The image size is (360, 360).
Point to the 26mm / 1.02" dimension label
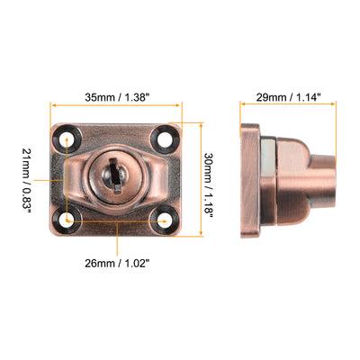coord(118,264)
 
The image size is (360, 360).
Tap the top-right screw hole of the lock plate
coord(164,139)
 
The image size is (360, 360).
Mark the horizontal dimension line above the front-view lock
coord(118,106)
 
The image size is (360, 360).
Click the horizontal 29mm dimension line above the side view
coord(288,106)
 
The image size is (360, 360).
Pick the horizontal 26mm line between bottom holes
coord(117,219)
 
